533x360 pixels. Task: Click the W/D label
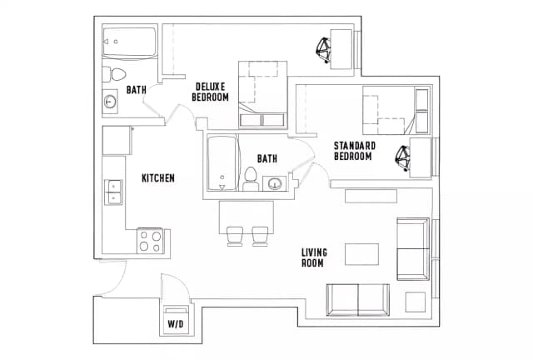[176, 324]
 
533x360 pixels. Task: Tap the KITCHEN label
[158, 178]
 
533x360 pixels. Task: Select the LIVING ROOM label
[314, 257]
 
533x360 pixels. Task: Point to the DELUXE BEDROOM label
[210, 92]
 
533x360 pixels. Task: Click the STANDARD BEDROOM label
[355, 151]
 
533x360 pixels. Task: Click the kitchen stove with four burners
[151, 241]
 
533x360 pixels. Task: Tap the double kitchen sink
[113, 192]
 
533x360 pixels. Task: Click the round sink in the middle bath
[274, 184]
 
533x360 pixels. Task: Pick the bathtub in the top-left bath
[130, 42]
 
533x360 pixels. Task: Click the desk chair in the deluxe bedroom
[324, 49]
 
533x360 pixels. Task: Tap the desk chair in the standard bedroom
[403, 157]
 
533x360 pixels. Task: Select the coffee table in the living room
[362, 254]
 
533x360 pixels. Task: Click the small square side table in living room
[416, 302]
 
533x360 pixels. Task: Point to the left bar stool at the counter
[235, 236]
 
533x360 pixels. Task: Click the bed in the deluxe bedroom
[263, 95]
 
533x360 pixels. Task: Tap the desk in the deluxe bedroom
[341, 49]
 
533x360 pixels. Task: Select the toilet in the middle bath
[251, 179]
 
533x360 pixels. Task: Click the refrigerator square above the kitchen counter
[117, 140]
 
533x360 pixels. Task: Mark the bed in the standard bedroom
[396, 110]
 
